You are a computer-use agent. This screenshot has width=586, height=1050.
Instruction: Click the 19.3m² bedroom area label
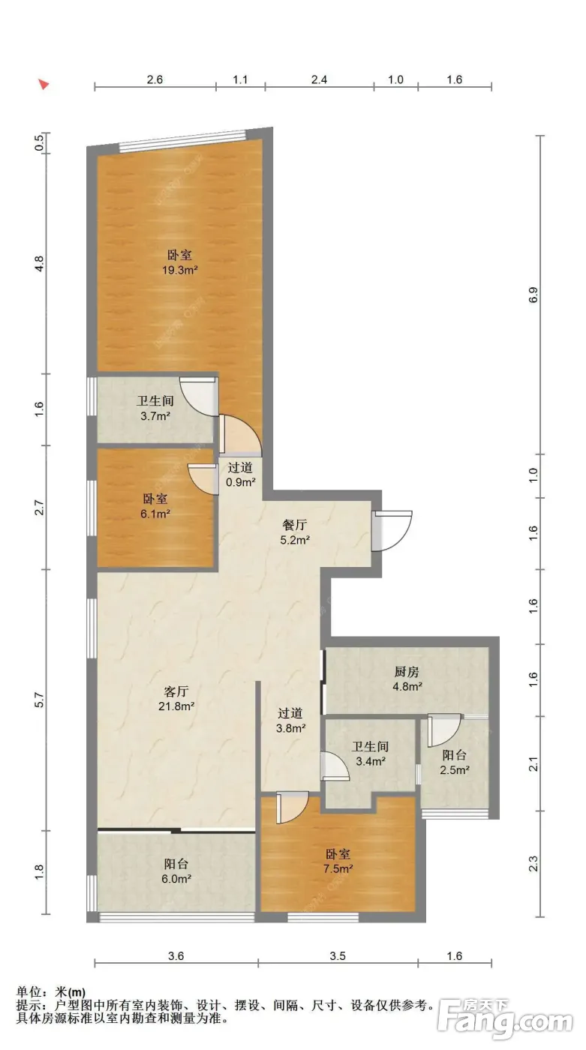click(179, 270)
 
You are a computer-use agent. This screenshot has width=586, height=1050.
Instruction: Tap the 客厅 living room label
click(176, 691)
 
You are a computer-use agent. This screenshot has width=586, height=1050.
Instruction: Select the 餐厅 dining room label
click(294, 525)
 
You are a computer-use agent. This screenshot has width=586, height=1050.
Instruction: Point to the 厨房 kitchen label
click(407, 672)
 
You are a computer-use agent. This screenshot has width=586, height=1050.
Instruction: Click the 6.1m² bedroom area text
click(155, 514)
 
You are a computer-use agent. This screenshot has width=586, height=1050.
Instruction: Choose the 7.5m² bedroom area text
click(338, 868)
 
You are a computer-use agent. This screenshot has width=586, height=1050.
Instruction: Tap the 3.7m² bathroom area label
click(155, 415)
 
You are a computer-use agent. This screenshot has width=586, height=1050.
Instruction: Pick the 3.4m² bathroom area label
click(371, 761)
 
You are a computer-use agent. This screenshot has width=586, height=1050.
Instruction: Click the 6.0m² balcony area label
click(176, 879)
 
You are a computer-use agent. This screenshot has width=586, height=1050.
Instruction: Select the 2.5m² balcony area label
click(455, 769)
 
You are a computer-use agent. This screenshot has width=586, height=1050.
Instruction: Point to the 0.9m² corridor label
click(241, 481)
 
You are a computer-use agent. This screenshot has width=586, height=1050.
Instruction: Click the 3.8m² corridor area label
click(290, 728)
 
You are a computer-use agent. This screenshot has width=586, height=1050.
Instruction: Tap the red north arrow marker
click(44, 84)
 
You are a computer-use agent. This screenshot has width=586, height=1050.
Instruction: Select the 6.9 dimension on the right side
click(533, 295)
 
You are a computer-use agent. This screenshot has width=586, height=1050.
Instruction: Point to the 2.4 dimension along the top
click(319, 79)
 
